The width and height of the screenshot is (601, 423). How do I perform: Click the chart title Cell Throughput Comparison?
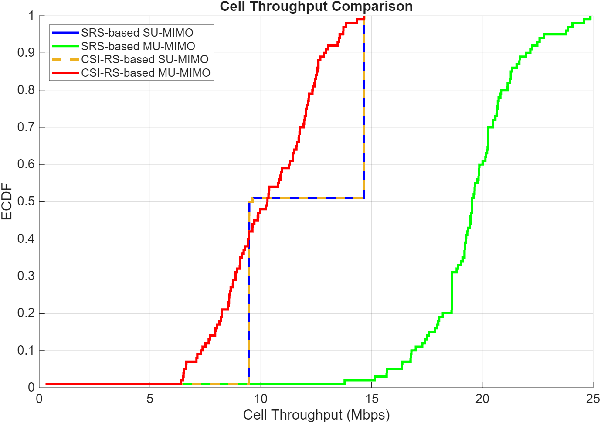pos(316,7)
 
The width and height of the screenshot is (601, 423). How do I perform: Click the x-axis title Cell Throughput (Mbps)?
pos(316,414)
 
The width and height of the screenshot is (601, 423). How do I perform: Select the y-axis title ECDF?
pos(7,201)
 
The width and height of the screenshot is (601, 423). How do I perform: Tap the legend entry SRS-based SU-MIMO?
pos(137,33)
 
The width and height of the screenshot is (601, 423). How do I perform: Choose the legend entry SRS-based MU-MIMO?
pos(138,46)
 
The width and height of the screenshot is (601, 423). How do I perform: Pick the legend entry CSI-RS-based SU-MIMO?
pos(145,59)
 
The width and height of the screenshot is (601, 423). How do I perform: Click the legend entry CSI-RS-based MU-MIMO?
pos(146,73)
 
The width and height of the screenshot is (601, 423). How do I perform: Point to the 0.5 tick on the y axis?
pos(26,201)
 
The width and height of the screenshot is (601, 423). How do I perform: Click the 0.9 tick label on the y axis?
pos(26,53)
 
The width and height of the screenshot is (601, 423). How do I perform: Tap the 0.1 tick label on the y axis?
pos(26,350)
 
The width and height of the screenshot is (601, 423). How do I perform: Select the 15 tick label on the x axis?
pos(372,399)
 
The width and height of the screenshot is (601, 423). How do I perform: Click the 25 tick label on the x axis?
pos(593,399)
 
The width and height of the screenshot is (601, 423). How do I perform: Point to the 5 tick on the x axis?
pos(150,399)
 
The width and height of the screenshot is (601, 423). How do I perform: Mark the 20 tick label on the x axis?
pos(482,399)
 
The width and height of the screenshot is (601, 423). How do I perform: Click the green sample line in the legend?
pos(65,46)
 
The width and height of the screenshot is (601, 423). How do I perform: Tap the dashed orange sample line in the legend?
pos(65,59)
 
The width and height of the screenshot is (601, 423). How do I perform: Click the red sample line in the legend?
pos(65,73)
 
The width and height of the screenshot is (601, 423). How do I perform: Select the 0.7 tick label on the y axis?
pos(26,127)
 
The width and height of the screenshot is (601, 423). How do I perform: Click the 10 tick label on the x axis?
pos(261,399)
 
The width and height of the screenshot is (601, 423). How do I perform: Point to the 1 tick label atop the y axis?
pos(31,16)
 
